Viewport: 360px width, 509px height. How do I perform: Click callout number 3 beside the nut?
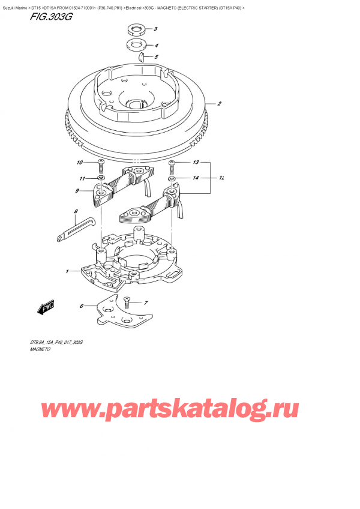[x=155, y=29]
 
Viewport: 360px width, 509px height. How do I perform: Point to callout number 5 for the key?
[x=155, y=58]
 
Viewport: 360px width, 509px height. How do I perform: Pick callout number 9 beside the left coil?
[x=78, y=191]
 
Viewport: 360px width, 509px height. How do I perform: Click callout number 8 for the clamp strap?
[x=76, y=212]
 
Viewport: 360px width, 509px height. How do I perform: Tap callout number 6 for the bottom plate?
[x=81, y=307]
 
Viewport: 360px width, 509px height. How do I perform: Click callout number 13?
[x=196, y=163]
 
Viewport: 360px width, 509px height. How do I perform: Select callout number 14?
[x=196, y=178]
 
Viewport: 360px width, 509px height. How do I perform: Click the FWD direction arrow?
[x=46, y=309]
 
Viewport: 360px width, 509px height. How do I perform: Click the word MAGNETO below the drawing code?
[x=39, y=348]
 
